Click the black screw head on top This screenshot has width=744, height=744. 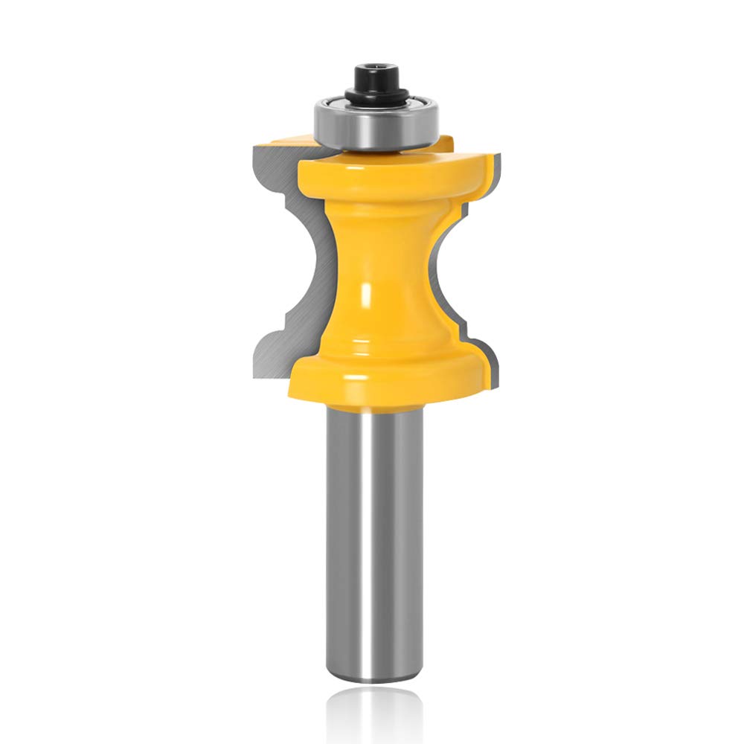(x=372, y=76)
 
